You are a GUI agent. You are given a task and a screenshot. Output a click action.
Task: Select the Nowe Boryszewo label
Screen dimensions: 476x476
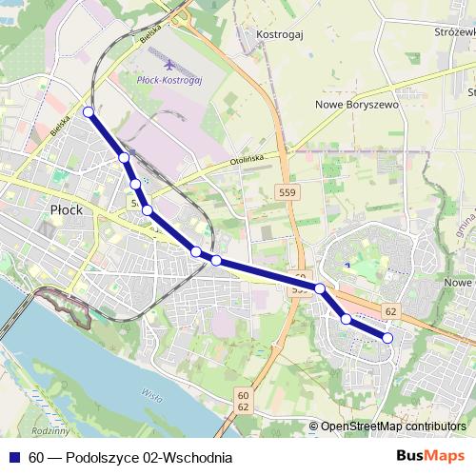[356, 105]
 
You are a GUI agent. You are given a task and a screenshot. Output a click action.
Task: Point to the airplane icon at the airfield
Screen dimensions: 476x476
[169, 66]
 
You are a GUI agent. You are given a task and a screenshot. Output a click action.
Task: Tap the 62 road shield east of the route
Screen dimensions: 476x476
[390, 311]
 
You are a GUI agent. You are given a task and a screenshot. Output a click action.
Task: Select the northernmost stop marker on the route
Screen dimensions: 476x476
[89, 112]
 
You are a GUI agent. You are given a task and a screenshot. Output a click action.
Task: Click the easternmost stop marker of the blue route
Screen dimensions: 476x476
[387, 337]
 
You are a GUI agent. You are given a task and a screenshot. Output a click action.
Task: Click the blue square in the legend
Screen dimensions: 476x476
[13, 458]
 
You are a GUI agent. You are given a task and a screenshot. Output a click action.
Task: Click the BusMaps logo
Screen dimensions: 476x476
[430, 456]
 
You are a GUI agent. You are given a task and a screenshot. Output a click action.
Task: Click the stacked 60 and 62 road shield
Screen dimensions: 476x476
[243, 401]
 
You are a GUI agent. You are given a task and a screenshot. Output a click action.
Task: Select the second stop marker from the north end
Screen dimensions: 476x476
[124, 157]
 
